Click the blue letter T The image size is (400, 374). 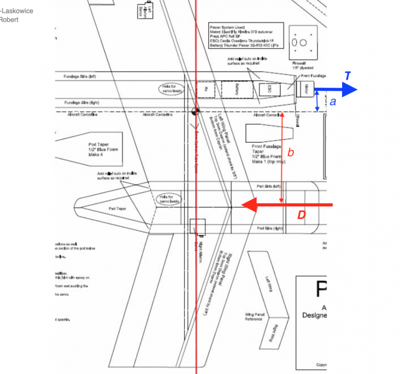[348, 76]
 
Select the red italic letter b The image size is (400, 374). [291, 151]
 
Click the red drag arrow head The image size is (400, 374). [249, 204]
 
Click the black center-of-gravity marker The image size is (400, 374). [195, 112]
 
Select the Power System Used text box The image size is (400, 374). [246, 37]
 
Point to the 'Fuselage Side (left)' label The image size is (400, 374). [80, 76]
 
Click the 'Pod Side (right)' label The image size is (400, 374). [269, 229]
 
